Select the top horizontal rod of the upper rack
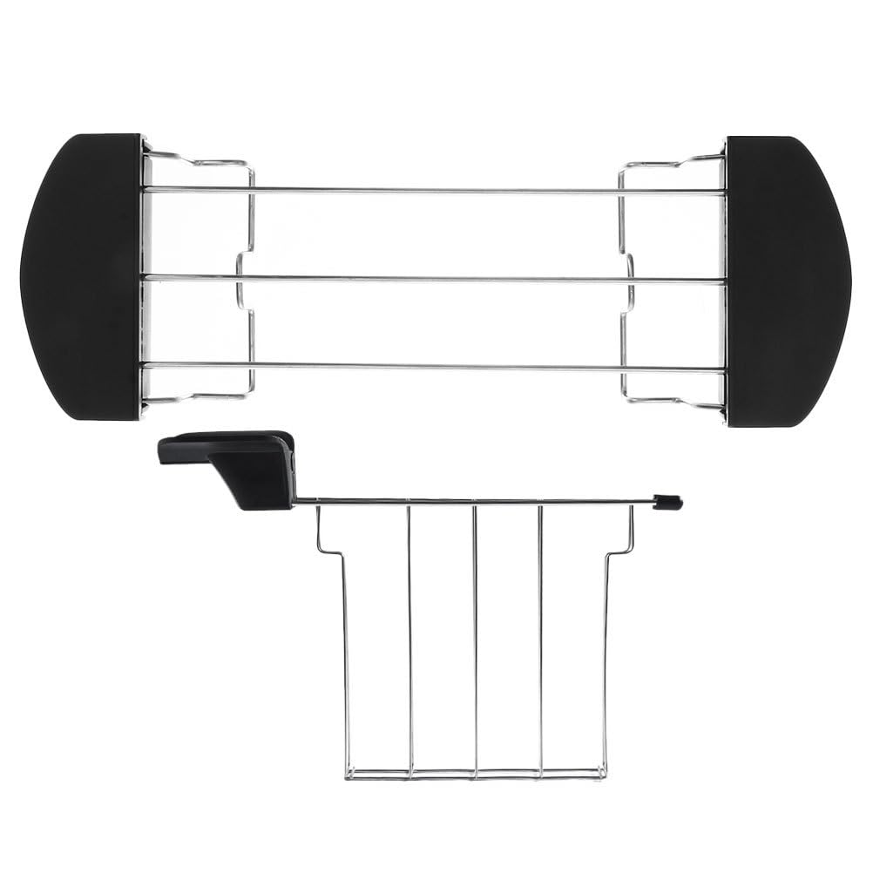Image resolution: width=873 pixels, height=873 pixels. click(436, 189)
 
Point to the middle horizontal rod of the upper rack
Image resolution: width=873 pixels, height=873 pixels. click(436, 280)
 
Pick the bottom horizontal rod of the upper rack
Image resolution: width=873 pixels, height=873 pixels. click(436, 367)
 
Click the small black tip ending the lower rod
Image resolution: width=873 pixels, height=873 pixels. click(669, 502)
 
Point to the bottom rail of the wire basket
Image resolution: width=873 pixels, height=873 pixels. click(475, 773)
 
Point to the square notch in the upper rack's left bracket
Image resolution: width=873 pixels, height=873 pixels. click(244, 280)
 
